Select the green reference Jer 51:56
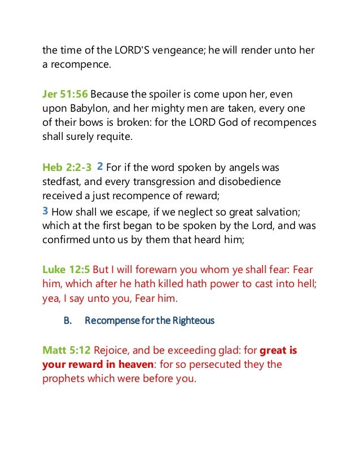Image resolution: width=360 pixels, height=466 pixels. (65, 93)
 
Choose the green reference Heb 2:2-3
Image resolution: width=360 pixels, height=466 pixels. (67, 167)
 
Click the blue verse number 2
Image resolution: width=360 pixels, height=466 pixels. (100, 166)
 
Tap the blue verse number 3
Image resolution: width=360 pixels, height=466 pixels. (45, 211)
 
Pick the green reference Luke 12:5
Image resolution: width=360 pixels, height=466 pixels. (66, 270)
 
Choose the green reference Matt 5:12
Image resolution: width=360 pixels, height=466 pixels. (67, 350)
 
